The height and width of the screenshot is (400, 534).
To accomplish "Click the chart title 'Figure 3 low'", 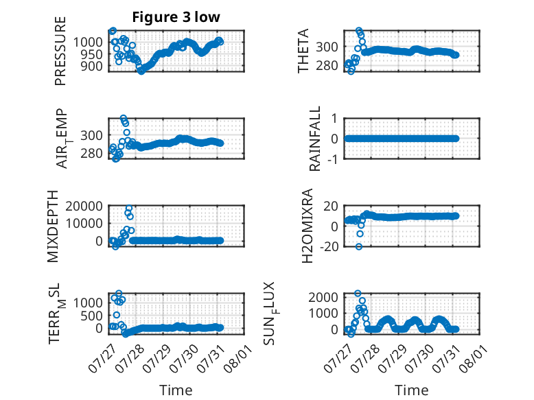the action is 176,17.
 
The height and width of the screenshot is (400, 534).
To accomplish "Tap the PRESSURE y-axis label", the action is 60,51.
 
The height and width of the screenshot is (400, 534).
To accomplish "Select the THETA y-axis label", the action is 303,51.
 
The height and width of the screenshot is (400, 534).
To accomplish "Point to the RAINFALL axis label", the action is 314,138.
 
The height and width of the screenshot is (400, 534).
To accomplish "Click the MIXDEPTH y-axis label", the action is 53,226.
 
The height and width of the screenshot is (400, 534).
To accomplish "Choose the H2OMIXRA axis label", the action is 307,226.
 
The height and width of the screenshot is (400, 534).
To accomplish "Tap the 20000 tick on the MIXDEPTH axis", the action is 84,206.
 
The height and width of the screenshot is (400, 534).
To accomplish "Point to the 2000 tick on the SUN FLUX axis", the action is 323,297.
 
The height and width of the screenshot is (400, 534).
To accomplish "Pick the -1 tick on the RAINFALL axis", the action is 333,158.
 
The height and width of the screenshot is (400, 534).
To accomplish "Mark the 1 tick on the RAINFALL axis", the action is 335,119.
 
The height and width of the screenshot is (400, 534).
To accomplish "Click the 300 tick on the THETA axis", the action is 327,47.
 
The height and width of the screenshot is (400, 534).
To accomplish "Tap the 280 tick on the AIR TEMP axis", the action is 91,154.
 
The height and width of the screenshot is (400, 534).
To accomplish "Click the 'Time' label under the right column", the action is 411,390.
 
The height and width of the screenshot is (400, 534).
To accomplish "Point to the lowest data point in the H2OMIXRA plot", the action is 358,247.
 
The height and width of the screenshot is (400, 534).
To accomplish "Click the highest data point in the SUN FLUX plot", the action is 358,293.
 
